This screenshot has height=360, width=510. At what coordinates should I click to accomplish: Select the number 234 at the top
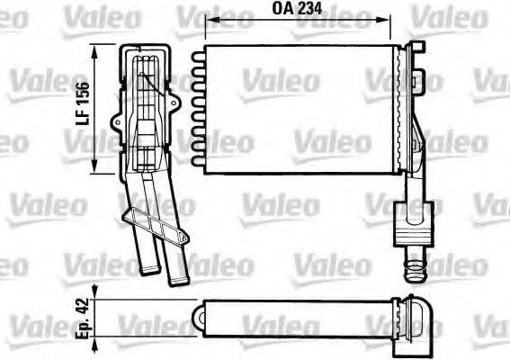pos(310,10)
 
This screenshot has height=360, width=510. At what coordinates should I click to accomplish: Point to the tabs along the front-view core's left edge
pos(198,108)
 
